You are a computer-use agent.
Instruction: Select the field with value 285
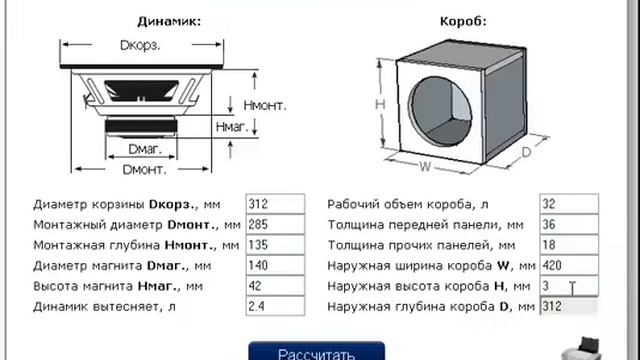[x=274, y=224]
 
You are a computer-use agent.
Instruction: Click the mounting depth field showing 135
[x=274, y=244]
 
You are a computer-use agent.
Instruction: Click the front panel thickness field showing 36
[x=568, y=224]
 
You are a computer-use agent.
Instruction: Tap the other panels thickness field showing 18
[x=568, y=244]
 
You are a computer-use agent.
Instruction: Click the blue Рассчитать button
[x=316, y=352]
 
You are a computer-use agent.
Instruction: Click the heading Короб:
[x=462, y=20]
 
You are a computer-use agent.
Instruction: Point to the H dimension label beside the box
[x=379, y=104]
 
